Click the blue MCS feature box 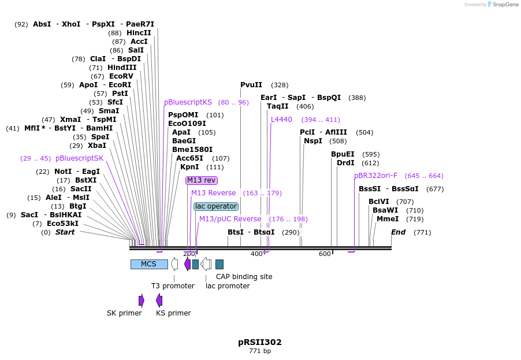(x=149, y=264)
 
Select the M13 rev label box (x=202, y=180)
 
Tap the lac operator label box (x=216, y=206)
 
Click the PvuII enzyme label (x=251, y=85)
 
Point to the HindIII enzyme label (x=122, y=68)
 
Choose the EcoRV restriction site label (x=121, y=76)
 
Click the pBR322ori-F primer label (x=376, y=176)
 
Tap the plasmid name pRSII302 (x=260, y=342)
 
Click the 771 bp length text (x=260, y=351)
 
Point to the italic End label (x=399, y=232)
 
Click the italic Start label (x=65, y=232)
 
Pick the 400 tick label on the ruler (x=256, y=254)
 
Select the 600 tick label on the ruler (x=325, y=254)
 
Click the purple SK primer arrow (x=142, y=300)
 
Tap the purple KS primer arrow (x=159, y=300)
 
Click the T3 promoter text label (x=173, y=286)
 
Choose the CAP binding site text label (x=244, y=277)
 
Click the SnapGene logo (x=503, y=5)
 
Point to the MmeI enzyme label (x=388, y=219)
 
